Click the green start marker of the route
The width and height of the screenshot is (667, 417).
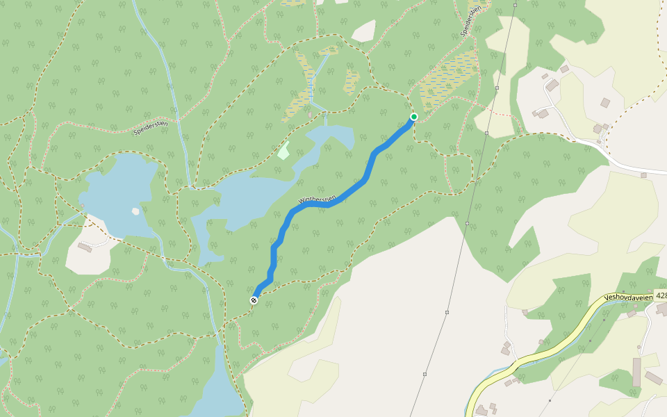point(413,117)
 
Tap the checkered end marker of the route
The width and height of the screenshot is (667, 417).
point(254,300)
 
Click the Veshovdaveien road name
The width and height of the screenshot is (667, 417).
point(628,297)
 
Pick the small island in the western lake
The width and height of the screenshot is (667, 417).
point(135,211)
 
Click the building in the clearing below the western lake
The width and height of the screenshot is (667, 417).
point(85,247)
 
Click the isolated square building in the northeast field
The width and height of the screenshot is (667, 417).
point(605,103)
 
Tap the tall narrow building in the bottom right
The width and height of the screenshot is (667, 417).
point(636,372)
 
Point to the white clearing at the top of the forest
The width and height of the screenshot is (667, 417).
point(363,31)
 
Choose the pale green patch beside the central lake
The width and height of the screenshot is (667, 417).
point(283,150)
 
